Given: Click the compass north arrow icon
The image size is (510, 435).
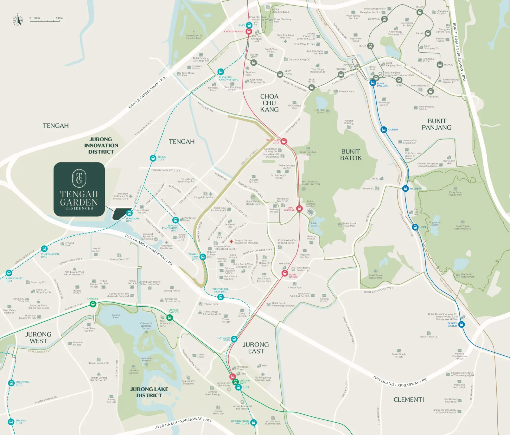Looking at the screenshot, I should pyautogui.click(x=18, y=20).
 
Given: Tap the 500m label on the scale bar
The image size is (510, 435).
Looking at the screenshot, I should pyautogui.click(x=59, y=18).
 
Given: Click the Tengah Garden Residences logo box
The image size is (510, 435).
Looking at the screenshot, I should pyautogui.click(x=79, y=189).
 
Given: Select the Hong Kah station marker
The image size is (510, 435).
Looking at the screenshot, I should pyautogui.click(x=129, y=213).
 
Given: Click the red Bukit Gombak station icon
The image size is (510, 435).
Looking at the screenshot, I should pyautogui.click(x=300, y=208).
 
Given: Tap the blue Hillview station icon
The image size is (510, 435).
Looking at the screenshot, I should pyautogui.click(x=405, y=189).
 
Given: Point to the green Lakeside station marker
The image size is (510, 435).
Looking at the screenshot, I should pyautogui.click(x=93, y=304).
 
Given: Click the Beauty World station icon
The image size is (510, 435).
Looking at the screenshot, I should pyautogui.click(x=462, y=325).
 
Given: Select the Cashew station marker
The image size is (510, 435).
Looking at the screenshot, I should pyautogui.click(x=384, y=130).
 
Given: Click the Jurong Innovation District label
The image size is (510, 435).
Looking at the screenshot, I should pyautogui.click(x=101, y=146).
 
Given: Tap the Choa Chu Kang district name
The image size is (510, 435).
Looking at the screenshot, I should pyautogui.click(x=269, y=103).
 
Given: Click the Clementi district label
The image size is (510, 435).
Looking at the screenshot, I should pyautogui.click(x=409, y=400).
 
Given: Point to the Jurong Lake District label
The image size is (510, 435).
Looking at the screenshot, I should pyautogui.click(x=149, y=392).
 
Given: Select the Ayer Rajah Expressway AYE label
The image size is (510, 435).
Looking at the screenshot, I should pyautogui.click(x=184, y=422).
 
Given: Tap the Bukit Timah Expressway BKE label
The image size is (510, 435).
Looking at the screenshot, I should pyautogui.click(x=459, y=52).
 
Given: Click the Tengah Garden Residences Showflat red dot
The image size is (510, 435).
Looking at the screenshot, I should pyautogui.click(x=231, y=241).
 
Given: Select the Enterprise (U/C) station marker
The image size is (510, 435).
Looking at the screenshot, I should pyautogui.click(x=11, y=383).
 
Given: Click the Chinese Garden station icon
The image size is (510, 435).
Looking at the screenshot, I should pyautogui.click(x=169, y=317).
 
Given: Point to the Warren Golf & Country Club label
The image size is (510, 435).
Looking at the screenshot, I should pyautogui.click(x=194, y=37).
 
